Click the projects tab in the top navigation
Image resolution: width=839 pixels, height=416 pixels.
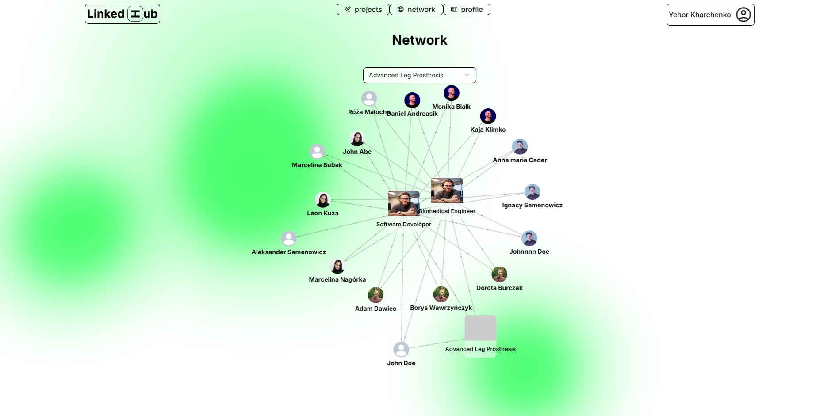point(363,9)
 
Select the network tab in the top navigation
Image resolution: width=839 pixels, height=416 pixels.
point(416,9)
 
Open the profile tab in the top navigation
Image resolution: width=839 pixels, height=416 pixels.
point(467,9)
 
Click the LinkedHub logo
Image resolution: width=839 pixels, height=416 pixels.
point(123,14)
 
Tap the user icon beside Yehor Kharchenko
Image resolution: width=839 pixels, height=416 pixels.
point(743,15)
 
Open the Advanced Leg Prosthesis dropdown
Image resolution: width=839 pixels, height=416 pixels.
point(419,75)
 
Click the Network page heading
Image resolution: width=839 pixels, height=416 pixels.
point(419,40)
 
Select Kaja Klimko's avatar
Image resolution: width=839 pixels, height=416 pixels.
point(488,116)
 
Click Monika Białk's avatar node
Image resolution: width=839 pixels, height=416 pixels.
point(451,93)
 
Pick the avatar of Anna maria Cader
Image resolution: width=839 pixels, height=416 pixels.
point(520,147)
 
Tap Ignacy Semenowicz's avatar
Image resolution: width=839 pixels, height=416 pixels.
point(532,192)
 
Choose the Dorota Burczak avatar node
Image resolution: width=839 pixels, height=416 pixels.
point(499,275)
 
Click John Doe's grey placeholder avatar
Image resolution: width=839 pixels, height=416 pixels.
point(401,350)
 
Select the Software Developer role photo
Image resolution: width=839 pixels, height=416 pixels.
point(403,203)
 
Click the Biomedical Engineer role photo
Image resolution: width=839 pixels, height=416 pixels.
point(447,191)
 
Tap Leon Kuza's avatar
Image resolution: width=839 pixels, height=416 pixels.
point(323,200)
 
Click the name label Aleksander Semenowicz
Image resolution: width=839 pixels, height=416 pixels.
point(288,252)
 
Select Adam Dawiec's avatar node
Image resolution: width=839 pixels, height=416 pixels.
point(375,295)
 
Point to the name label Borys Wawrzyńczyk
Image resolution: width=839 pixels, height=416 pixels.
point(441,308)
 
